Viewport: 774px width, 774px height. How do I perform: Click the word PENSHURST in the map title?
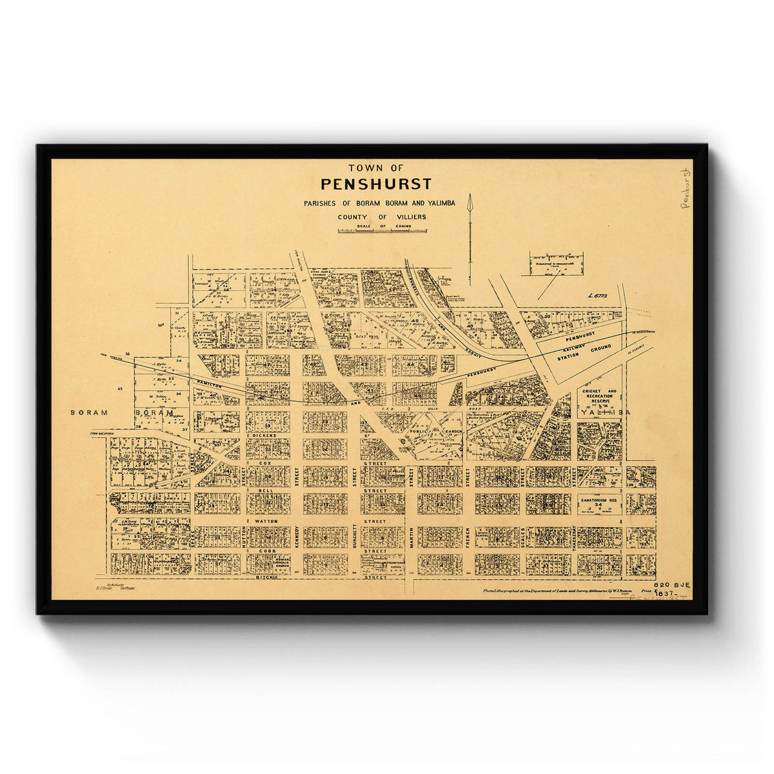click(x=376, y=184)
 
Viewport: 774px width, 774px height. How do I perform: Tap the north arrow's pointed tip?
click(x=470, y=195)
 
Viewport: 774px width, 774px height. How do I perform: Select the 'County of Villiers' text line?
click(x=382, y=217)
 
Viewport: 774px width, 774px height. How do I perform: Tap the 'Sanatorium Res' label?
click(x=599, y=500)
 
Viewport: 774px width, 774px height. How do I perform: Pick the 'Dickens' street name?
click(x=264, y=435)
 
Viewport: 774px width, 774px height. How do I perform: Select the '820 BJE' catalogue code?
click(x=671, y=584)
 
